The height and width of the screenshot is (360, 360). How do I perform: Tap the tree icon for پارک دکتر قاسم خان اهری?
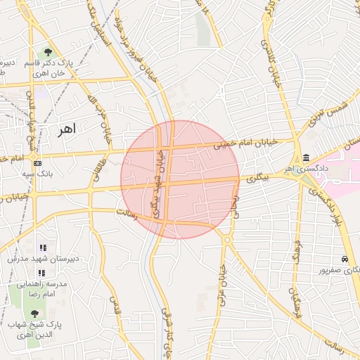click(48, 52)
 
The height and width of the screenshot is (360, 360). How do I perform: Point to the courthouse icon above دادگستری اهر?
click(307, 159)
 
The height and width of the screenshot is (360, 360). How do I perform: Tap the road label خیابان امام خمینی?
click(246, 144)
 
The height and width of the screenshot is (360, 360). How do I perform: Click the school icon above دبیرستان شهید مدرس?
click(43, 248)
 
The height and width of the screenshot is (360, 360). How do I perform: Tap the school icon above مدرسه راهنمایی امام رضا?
click(41, 272)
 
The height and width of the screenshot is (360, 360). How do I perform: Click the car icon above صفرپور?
click(345, 259)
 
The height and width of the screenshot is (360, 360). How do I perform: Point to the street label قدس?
click(113, 304)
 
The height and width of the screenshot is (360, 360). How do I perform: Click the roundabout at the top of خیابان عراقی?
click(226, 240)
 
